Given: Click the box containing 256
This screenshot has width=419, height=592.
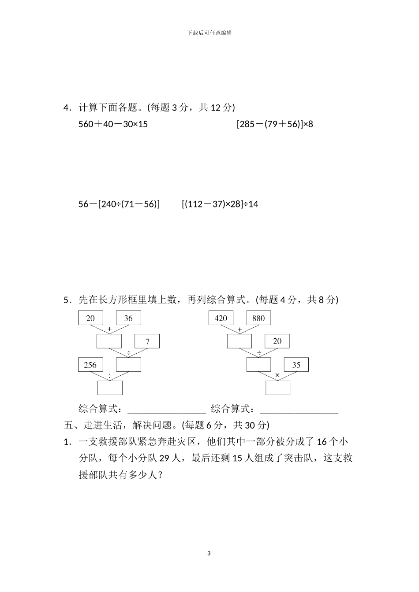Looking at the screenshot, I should [90, 365].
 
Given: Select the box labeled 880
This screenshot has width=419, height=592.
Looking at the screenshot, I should [258, 318].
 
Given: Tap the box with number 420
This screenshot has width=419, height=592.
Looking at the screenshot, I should [221, 318].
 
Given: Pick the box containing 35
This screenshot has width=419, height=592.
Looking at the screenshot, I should [296, 365].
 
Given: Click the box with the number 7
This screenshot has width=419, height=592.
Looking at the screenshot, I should [147, 341].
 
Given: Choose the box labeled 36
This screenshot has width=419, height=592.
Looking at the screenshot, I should [128, 318].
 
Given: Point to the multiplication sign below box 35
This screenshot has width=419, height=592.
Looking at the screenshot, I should [277, 375].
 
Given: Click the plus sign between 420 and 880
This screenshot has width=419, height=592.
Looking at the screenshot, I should [239, 329].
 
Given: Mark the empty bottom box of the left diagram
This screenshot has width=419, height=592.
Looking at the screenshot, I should [110, 388].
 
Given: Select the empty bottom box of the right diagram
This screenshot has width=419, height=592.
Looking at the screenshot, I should [278, 388].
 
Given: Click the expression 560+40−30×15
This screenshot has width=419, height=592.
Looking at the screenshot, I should [113, 124].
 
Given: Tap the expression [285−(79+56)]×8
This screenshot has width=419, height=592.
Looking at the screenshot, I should [275, 124].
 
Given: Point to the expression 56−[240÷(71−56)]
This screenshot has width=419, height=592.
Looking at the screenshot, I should [119, 204].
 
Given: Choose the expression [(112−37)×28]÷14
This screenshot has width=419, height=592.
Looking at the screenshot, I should [220, 204].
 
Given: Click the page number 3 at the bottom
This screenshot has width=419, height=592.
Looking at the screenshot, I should [209, 553].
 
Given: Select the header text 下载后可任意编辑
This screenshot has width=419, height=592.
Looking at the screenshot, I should [209, 33].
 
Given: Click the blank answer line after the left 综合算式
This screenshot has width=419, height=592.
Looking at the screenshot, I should [167, 410].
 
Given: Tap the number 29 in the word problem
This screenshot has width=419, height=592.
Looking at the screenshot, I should [165, 459].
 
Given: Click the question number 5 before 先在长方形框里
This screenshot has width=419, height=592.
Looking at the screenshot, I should [66, 300].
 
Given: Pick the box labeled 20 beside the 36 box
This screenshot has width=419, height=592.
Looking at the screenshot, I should [90, 318].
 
